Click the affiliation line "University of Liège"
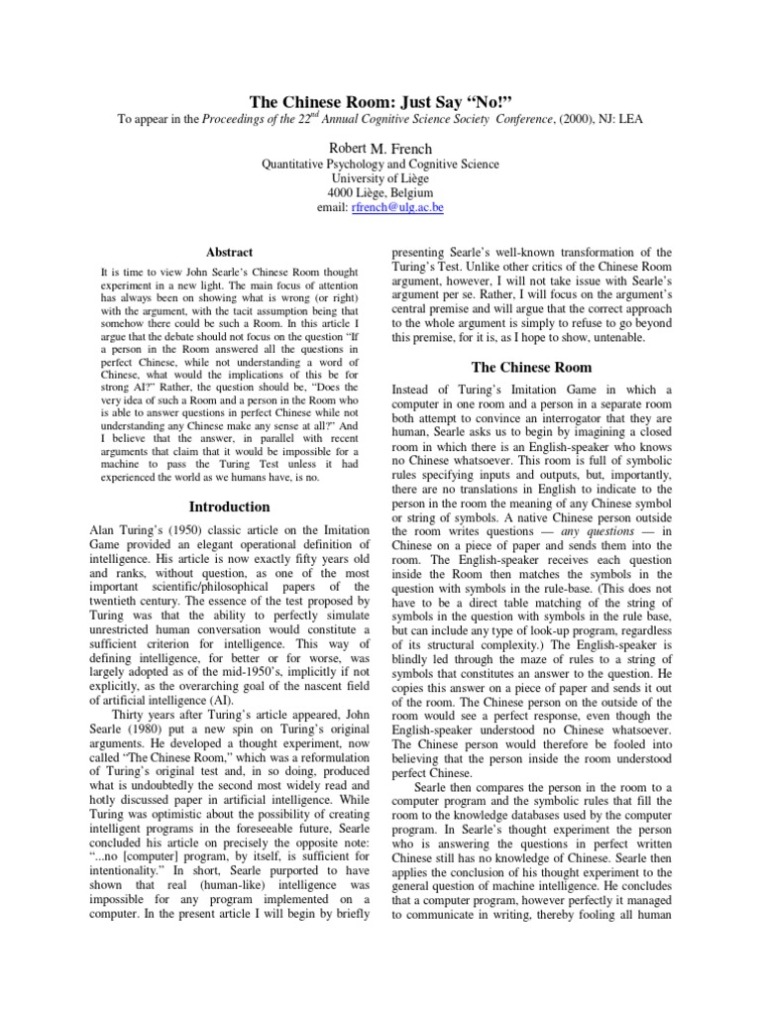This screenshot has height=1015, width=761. [380, 178]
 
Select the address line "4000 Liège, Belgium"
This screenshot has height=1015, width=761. [380, 194]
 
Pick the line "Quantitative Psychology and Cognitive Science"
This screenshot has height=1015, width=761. [380, 164]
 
